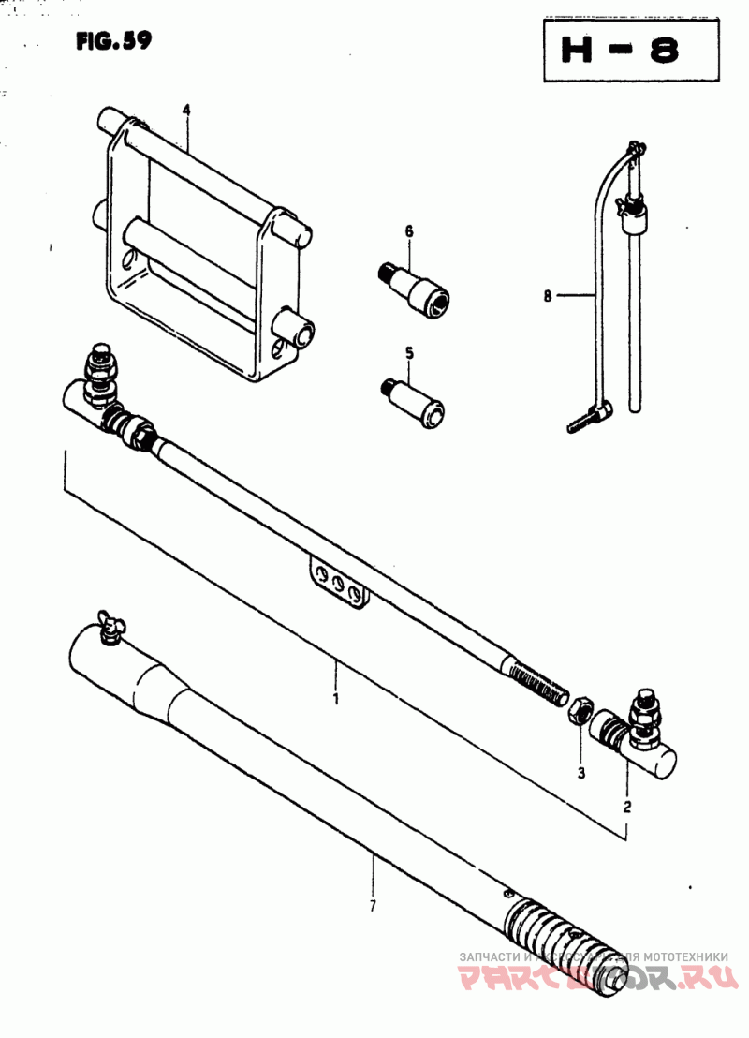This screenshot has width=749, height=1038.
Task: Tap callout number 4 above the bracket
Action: [x=186, y=111]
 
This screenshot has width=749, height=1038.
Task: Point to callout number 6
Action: [x=409, y=230]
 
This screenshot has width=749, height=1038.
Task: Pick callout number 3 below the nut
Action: [x=580, y=773]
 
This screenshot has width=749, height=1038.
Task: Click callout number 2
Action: [x=627, y=805]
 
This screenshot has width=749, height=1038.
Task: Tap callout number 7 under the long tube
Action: [x=372, y=905]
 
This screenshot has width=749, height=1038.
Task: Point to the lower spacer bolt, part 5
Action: [x=416, y=401]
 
